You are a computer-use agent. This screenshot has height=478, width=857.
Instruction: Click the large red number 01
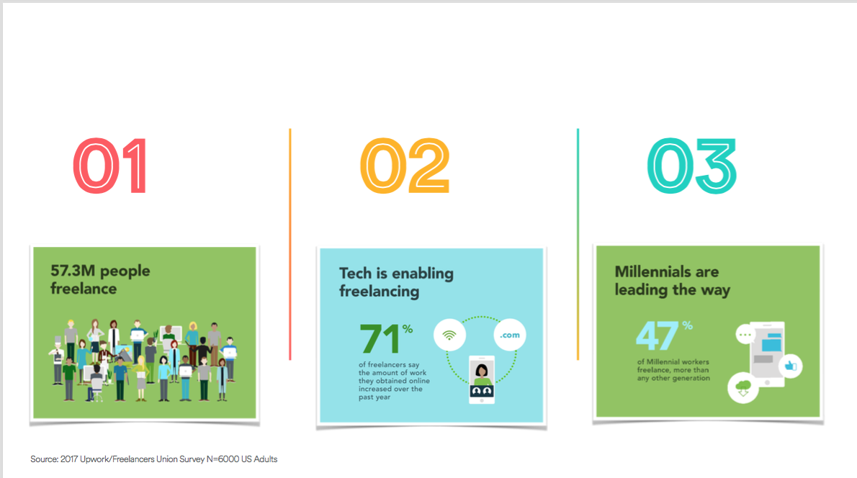[x=110, y=166]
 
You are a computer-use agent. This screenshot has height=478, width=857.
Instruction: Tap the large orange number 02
[x=405, y=166]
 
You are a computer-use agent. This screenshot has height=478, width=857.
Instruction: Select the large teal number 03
[x=692, y=166]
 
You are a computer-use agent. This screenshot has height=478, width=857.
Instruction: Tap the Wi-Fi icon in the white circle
[x=449, y=335]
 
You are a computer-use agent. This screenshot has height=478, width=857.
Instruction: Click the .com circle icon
[x=509, y=335]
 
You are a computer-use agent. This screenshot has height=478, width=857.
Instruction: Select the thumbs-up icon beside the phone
[x=790, y=366]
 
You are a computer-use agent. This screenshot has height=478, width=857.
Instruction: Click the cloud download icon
[x=742, y=388]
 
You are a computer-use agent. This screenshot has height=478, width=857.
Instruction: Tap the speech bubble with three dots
[x=745, y=334]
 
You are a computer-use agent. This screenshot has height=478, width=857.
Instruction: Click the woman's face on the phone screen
[x=482, y=371]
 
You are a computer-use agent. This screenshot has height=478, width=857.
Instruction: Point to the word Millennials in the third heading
[x=650, y=271]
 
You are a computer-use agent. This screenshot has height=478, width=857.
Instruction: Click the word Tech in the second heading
[x=355, y=273]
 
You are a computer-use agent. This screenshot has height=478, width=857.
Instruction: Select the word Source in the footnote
[x=44, y=459]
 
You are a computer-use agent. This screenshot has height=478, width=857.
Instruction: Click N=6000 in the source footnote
[x=223, y=459]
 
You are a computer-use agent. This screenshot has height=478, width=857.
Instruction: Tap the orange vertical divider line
[x=290, y=244]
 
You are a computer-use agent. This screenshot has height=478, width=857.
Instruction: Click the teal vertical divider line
[x=578, y=244]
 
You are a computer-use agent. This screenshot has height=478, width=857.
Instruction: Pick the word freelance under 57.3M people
[x=83, y=289]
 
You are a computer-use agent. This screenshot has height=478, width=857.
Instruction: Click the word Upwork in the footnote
[x=95, y=459]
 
